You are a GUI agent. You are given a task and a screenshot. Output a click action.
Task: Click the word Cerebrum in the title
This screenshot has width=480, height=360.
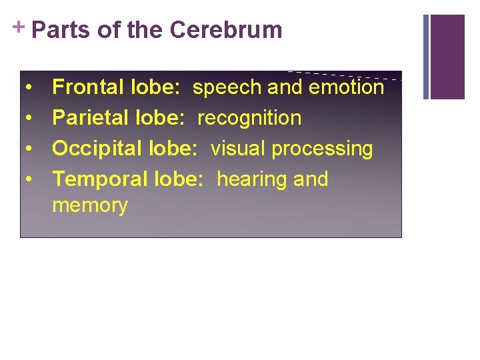(226, 31)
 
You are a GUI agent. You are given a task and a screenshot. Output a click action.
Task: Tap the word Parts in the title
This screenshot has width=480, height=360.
(61, 31)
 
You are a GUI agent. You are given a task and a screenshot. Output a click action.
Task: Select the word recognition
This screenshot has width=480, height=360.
(249, 119)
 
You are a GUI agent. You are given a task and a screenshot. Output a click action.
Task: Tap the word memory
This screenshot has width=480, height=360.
(90, 206)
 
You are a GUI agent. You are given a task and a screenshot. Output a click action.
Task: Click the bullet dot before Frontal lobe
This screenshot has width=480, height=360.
(31, 88)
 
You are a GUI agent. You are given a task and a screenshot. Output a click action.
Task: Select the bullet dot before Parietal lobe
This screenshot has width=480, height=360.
(31, 119)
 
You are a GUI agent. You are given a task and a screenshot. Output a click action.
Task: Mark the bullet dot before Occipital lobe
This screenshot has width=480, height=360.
(31, 149)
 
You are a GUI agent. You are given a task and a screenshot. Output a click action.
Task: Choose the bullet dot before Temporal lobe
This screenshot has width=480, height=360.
(31, 180)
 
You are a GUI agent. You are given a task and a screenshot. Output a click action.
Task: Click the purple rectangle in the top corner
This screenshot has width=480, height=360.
(447, 57)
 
